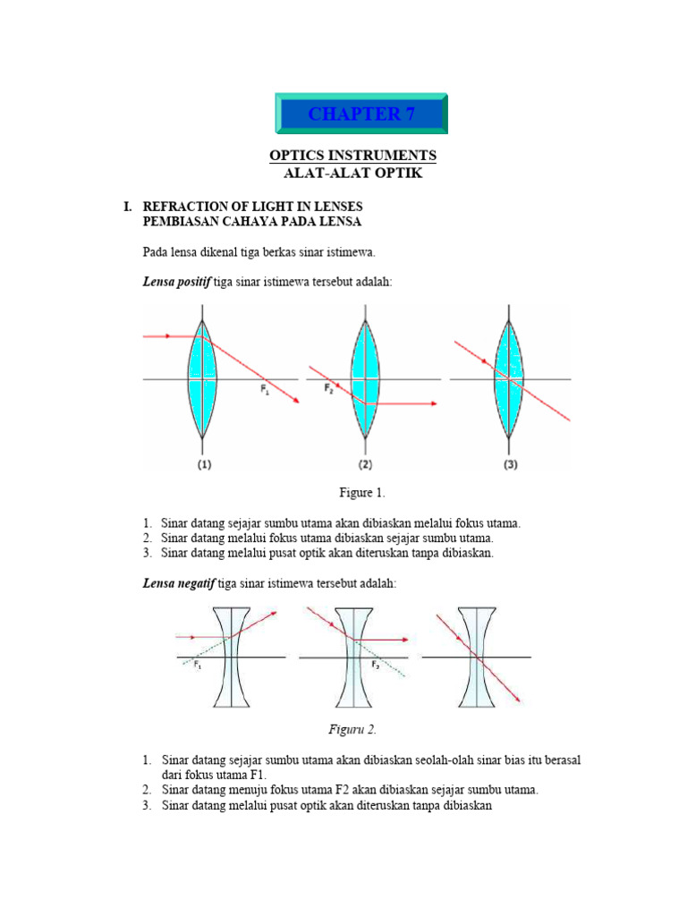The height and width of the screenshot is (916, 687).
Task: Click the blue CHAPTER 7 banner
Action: point(360,114)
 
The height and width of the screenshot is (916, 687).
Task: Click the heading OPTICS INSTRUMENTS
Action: point(352,156)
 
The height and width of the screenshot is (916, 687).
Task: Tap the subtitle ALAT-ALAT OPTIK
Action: point(352,174)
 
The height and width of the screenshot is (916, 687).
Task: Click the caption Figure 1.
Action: point(361,493)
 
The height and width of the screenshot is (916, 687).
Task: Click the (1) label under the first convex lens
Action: point(205,464)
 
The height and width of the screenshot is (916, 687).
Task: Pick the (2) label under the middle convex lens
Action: point(365,464)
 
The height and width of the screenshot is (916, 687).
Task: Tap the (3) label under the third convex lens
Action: point(509,464)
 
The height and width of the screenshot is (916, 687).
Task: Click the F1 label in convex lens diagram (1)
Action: point(265,389)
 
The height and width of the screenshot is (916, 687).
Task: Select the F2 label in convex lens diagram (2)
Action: point(328,388)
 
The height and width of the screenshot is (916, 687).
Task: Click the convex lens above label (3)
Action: point(510,379)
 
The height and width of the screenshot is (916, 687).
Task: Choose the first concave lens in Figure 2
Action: point(231,657)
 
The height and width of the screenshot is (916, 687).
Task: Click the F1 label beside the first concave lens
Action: point(196,666)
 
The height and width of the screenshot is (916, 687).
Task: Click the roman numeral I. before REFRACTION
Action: point(127,207)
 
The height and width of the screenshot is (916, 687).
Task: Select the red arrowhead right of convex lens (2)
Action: point(433,404)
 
